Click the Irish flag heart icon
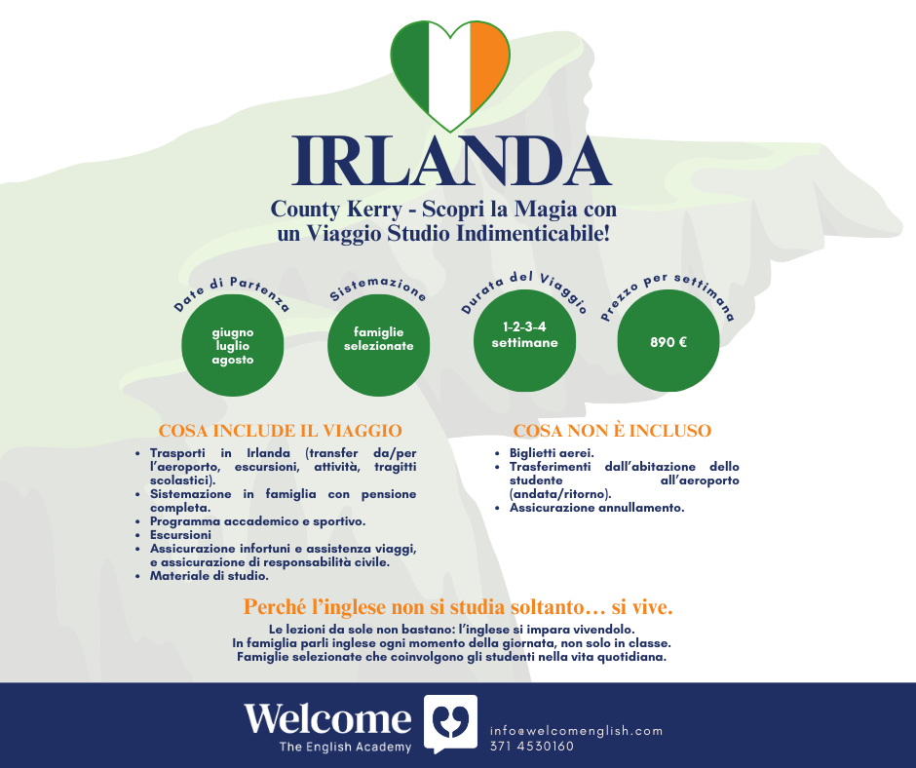pyautogui.click(x=450, y=76)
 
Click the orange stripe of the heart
pyautogui.click(x=488, y=64)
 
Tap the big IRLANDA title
pyautogui.click(x=451, y=161)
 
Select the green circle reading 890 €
pyautogui.click(x=668, y=341)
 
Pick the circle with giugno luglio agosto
pyautogui.click(x=233, y=345)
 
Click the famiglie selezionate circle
pyautogui.click(x=378, y=345)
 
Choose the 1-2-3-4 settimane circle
pyautogui.click(x=524, y=341)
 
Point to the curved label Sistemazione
pyautogui.click(x=378, y=288)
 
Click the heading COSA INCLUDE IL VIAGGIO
pyautogui.click(x=281, y=431)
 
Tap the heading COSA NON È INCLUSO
pyautogui.click(x=612, y=431)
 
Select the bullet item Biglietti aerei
pyautogui.click(x=552, y=453)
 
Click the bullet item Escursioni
pyautogui.click(x=180, y=535)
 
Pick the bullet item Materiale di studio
pyautogui.click(x=210, y=576)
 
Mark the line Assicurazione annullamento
pyautogui.click(x=596, y=508)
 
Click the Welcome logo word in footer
pyautogui.click(x=327, y=718)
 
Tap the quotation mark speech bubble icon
pyautogui.click(x=450, y=723)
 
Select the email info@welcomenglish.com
pyautogui.click(x=576, y=731)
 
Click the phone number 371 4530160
pyautogui.click(x=532, y=747)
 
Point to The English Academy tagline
pyautogui.click(x=345, y=747)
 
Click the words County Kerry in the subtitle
pyautogui.click(x=336, y=210)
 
